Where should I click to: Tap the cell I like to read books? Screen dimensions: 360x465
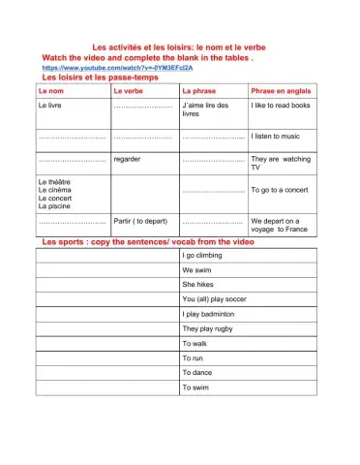pyautogui.click(x=281, y=104)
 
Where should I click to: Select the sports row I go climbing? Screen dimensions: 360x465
pyautogui.click(x=204, y=255)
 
